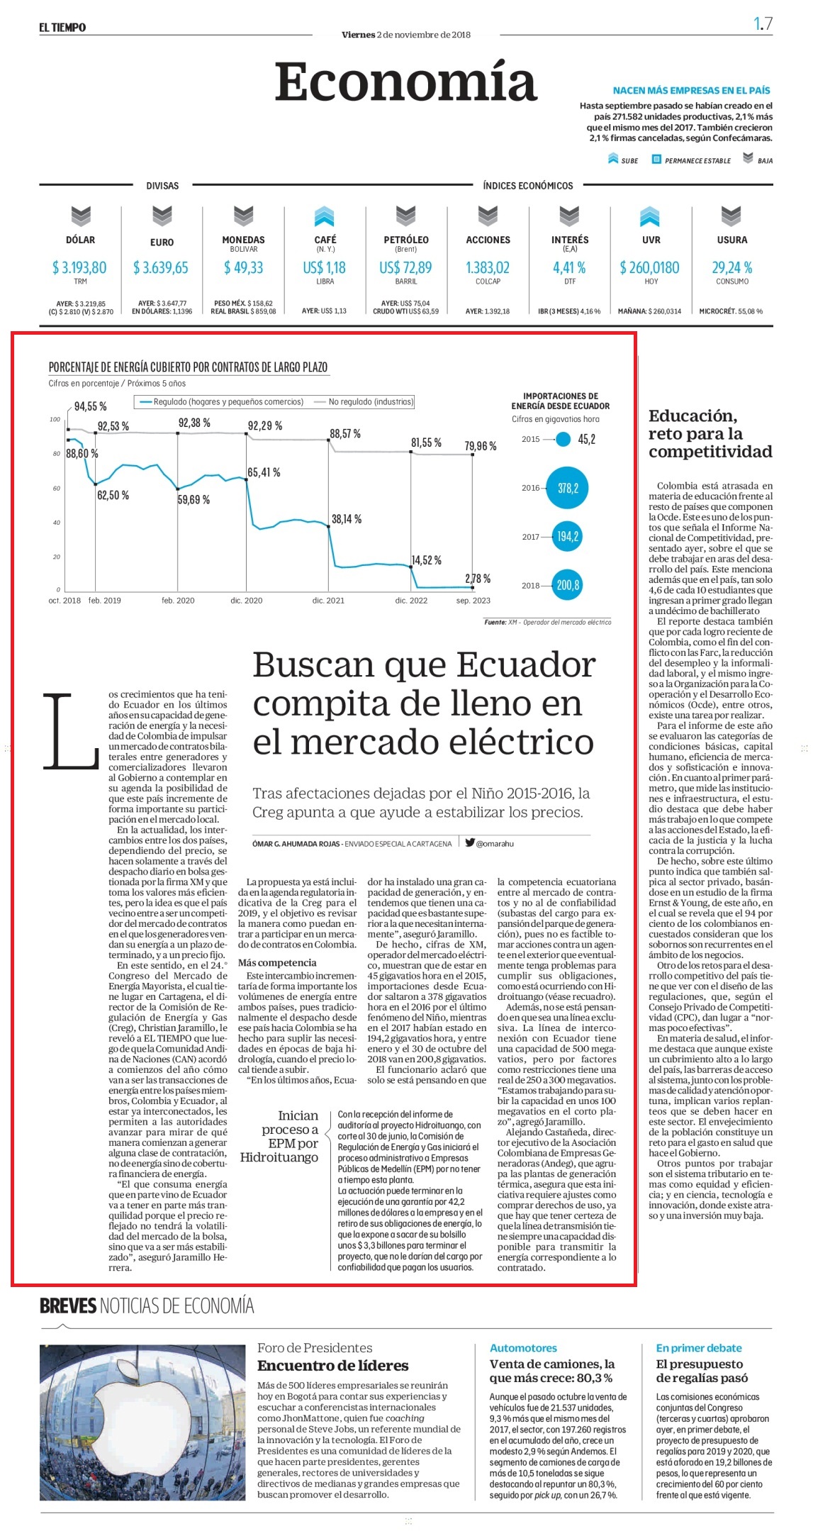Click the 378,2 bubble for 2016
[x=568, y=488]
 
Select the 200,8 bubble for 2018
[x=568, y=585]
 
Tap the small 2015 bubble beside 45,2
[x=564, y=440]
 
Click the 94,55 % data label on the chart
[x=91, y=406]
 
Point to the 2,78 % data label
[x=478, y=579]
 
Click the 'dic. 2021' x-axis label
[x=328, y=601]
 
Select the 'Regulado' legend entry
[x=221, y=402]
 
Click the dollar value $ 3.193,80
[x=79, y=268]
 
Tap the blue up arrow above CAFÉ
[x=325, y=216]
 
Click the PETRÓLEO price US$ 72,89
[x=405, y=268]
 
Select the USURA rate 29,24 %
[x=732, y=268]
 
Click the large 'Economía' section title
[x=406, y=82]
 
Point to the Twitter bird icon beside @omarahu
[x=470, y=842]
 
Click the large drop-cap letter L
[x=71, y=730]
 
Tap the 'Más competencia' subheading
[x=277, y=962]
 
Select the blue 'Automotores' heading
[x=524, y=1348]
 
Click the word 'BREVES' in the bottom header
[x=67, y=1306]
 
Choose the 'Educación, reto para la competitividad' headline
[x=710, y=433]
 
